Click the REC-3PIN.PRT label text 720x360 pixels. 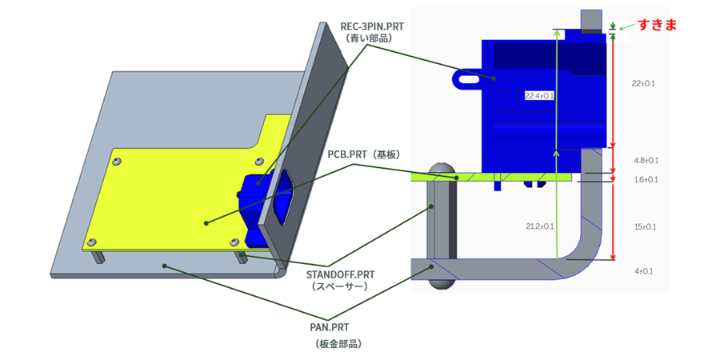point(372,26)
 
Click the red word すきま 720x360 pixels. point(657,25)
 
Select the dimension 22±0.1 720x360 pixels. point(644,83)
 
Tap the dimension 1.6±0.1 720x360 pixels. point(646,179)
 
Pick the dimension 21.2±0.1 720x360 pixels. point(540,226)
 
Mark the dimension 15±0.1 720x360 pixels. point(645,227)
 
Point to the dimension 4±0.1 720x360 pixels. point(643,271)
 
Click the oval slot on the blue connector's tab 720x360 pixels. point(469,78)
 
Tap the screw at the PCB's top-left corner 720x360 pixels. point(118,162)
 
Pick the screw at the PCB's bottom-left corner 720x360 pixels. point(92,241)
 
